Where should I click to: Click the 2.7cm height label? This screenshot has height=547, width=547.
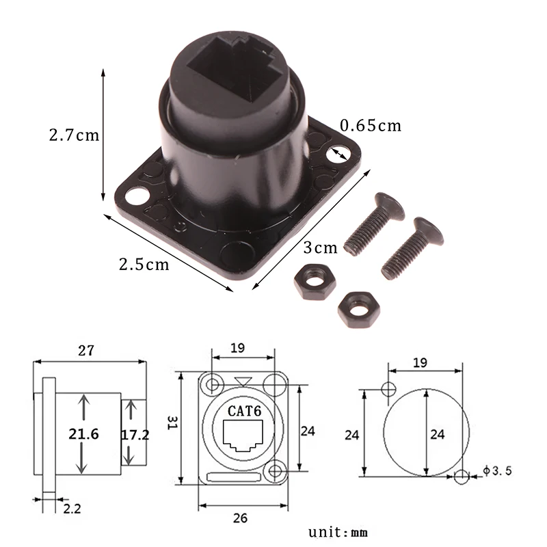coord(74,135)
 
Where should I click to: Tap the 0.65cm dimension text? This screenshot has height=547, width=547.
coord(370,125)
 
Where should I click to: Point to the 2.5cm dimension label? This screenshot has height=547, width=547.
coord(144,264)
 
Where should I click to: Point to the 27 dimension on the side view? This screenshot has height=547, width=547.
coord(85,351)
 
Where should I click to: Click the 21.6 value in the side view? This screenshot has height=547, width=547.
coord(84,433)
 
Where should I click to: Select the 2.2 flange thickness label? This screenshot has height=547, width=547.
coord(71,509)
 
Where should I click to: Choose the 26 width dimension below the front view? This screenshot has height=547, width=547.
coord(239,518)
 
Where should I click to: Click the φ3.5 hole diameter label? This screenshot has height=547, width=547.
coord(496,470)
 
